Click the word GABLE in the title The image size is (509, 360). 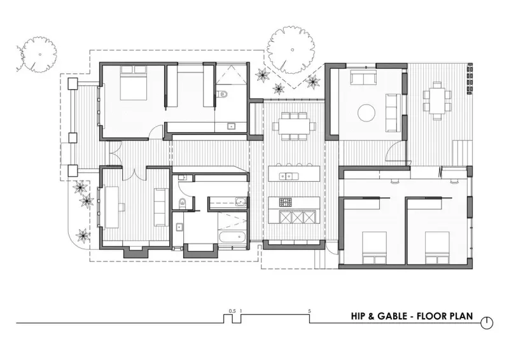pos(392,316)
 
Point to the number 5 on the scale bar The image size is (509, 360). pos(309,311)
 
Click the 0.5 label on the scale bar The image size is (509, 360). pos(232,311)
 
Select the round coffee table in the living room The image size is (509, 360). pos(366,113)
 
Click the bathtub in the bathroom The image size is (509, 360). pos(232,237)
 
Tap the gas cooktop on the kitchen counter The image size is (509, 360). pos(286,202)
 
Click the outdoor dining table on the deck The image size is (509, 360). pos(437,101)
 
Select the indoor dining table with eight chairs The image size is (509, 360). pos(294,126)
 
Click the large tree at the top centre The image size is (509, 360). pos(291,50)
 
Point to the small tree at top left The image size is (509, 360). pos(39,54)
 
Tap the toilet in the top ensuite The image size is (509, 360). pos(222,95)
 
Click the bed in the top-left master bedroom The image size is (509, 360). pos(133,83)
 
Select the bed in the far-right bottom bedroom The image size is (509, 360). pos(437,247)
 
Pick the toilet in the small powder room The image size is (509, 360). pos(183,203)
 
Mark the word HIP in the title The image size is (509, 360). pos(358,316)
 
